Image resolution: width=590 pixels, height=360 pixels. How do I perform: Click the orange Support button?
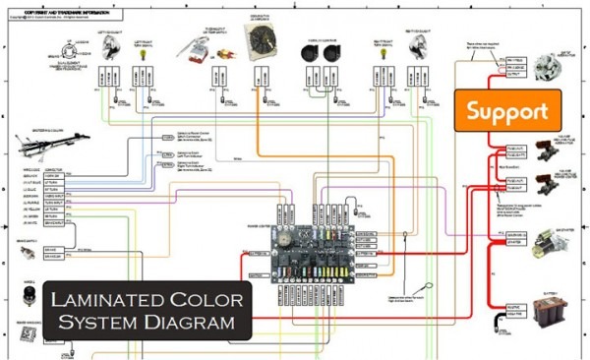[506, 111]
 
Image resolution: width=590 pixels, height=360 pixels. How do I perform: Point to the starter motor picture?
[548, 240]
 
